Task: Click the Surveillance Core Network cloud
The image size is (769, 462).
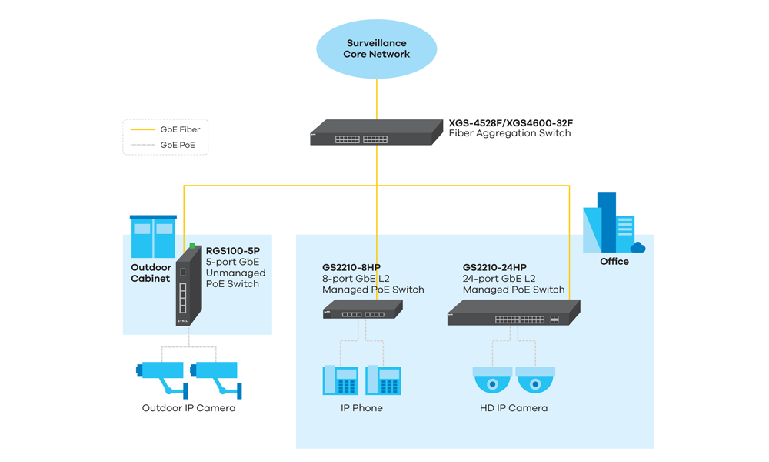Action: (x=377, y=49)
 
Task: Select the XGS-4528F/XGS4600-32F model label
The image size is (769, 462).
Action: (x=511, y=123)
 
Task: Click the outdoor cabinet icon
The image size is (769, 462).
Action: (x=153, y=236)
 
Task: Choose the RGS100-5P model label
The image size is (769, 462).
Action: (x=233, y=251)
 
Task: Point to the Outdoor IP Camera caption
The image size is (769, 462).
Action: (x=188, y=408)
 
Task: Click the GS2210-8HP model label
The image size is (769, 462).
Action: (x=351, y=268)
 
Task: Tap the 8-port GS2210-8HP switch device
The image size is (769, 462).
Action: (x=362, y=310)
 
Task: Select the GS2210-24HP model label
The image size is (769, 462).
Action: (x=494, y=268)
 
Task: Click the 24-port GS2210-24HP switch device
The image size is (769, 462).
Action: (x=513, y=313)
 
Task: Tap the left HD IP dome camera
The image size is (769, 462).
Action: (x=491, y=380)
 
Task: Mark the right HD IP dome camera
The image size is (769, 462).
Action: (x=535, y=380)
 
